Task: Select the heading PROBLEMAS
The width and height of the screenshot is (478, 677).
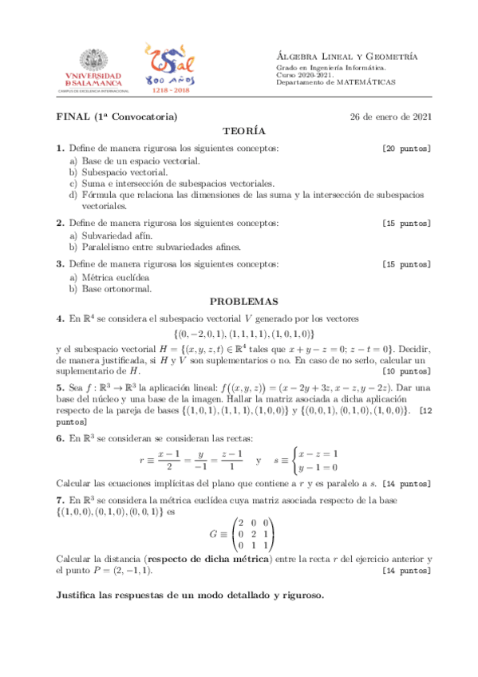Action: [243, 302]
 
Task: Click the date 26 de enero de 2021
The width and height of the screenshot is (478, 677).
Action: [391, 117]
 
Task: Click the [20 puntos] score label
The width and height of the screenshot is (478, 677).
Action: [406, 148]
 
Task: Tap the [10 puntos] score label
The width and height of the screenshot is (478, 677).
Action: [406, 371]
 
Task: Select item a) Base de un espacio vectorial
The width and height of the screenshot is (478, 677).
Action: [133, 160]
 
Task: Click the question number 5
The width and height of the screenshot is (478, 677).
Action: [60, 388]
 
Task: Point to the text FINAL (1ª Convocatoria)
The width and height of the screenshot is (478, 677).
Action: [117, 117]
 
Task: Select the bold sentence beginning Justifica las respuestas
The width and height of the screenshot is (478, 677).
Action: [190, 596]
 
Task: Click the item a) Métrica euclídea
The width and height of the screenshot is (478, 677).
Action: [112, 276]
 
